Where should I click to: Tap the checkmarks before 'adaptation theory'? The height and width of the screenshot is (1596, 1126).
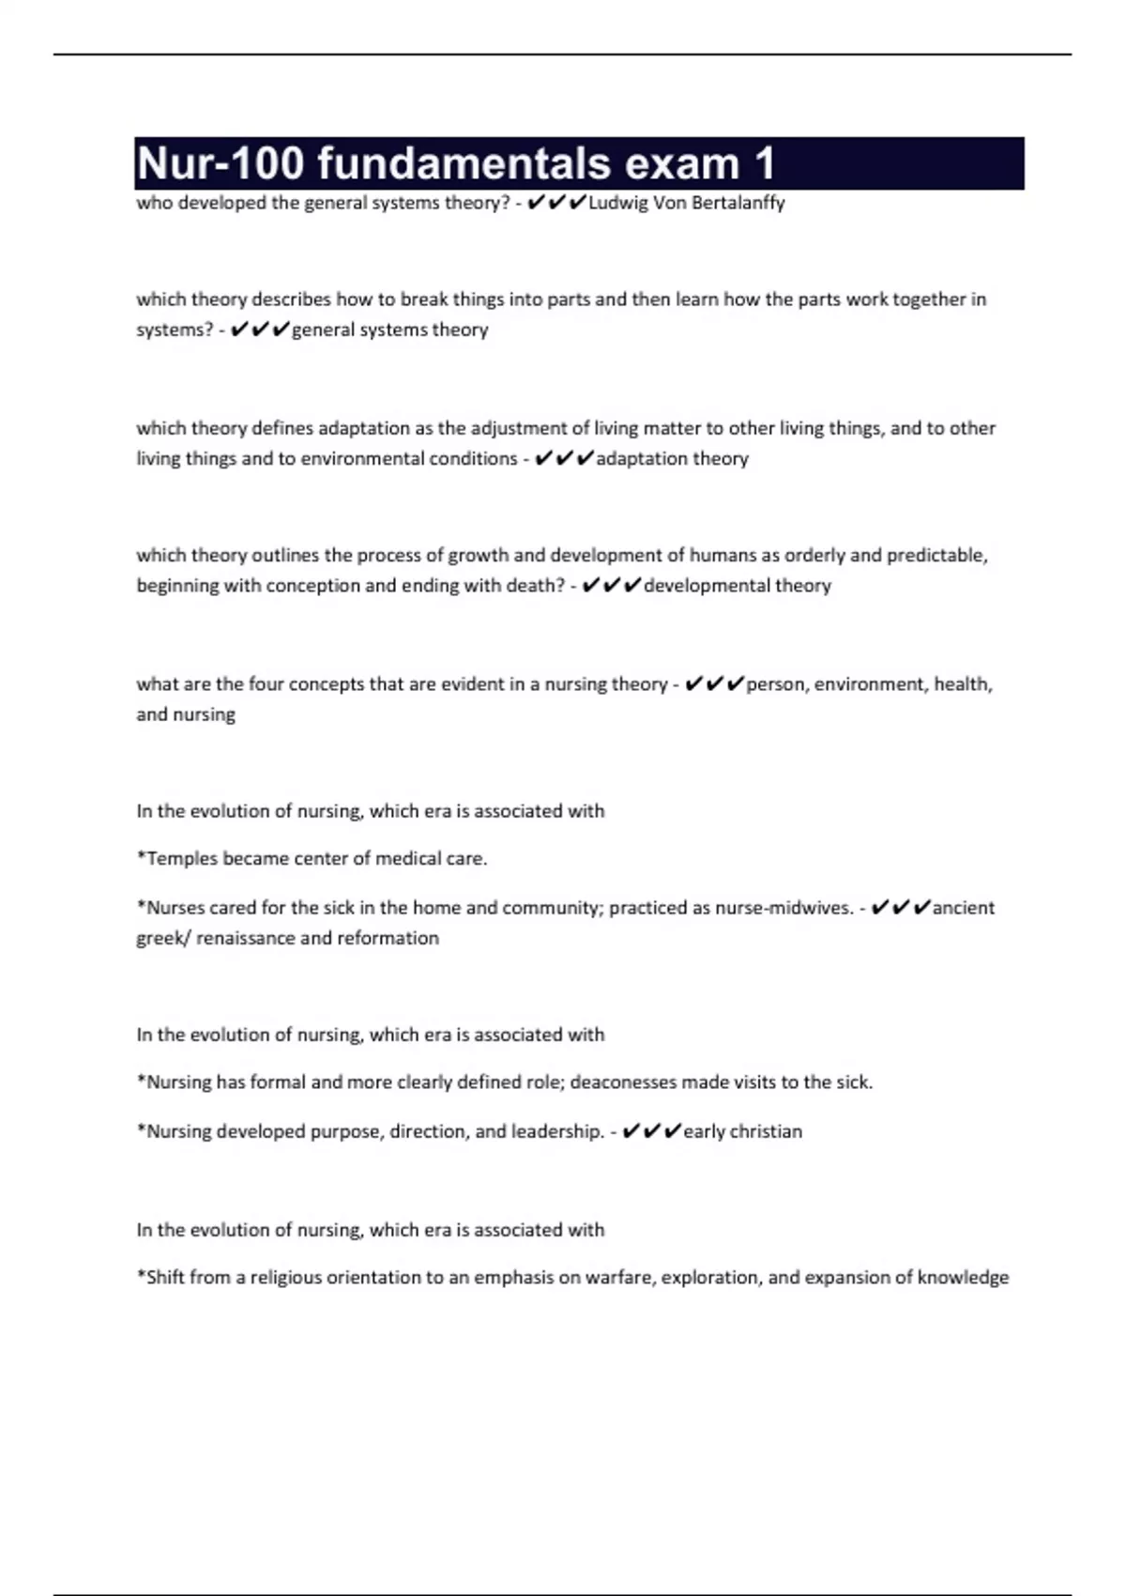(564, 458)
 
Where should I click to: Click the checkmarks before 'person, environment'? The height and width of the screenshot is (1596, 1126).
(715, 684)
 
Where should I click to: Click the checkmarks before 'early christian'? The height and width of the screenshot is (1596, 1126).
(651, 1131)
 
